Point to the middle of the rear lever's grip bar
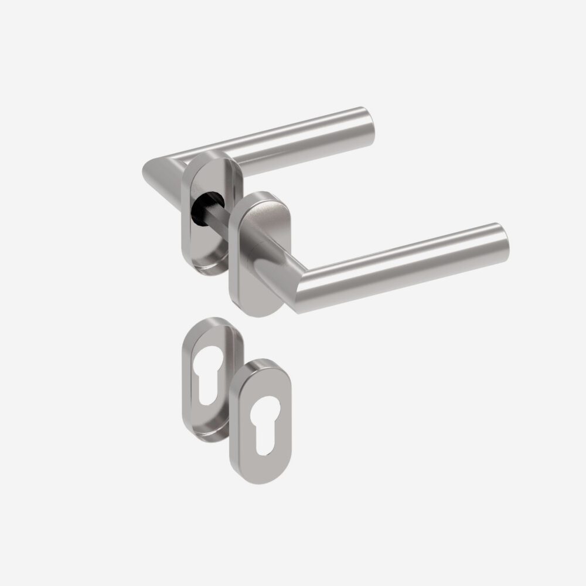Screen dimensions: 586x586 point(293,141)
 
